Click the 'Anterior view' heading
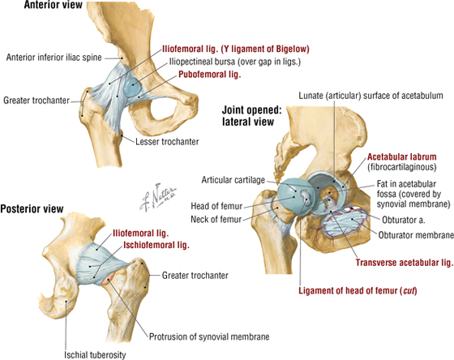click(53, 5)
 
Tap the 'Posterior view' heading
click(32, 209)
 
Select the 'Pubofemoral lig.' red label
click(210, 75)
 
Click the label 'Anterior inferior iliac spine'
click(54, 58)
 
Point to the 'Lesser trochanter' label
click(167, 142)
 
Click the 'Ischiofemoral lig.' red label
click(156, 246)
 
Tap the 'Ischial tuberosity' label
click(95, 355)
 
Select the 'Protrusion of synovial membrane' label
click(209, 336)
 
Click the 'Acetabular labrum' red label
click(402, 157)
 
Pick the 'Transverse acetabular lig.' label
click(405, 263)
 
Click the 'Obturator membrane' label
click(416, 235)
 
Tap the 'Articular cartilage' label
click(233, 180)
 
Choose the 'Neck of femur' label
click(216, 220)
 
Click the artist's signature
click(158, 197)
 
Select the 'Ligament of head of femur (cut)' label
click(358, 290)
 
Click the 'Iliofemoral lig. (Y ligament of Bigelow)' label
click(236, 49)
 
